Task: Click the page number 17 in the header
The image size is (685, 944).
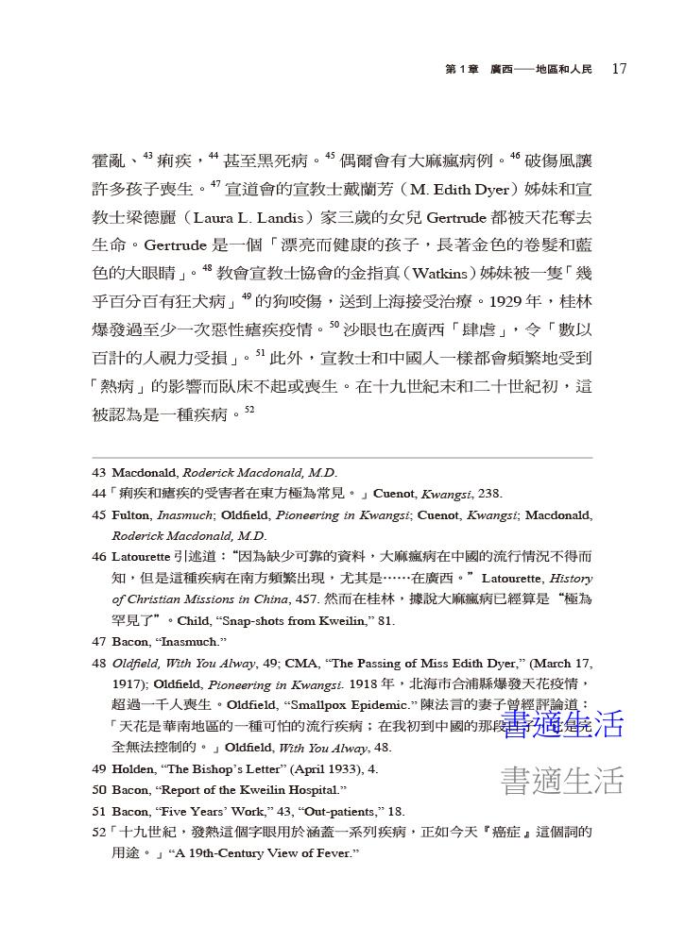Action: click(620, 68)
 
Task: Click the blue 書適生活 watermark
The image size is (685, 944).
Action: click(562, 724)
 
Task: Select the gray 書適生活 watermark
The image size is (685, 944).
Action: click(562, 780)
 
